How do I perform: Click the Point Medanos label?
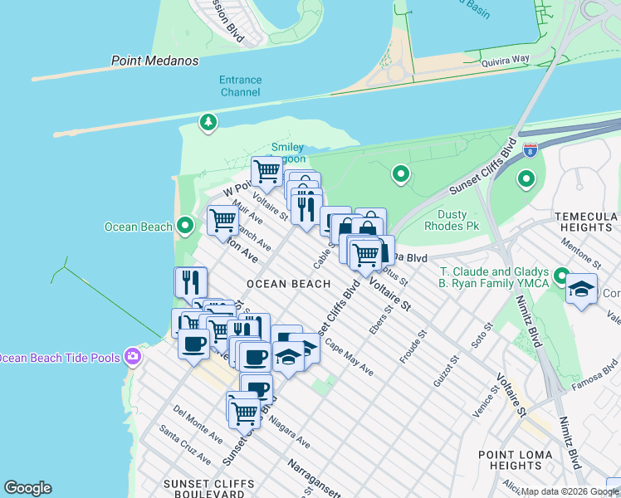tap(155, 61)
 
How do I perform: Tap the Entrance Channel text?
tap(241, 86)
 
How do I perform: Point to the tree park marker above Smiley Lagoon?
tap(208, 124)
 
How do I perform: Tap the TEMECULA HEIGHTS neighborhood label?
tap(580, 222)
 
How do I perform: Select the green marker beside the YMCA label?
tap(561, 276)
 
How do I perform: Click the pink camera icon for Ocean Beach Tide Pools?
tap(132, 357)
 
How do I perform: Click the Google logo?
tap(27, 488)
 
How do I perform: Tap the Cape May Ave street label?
tap(349, 357)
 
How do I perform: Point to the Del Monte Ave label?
tap(198, 423)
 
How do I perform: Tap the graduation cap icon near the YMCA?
tap(582, 289)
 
